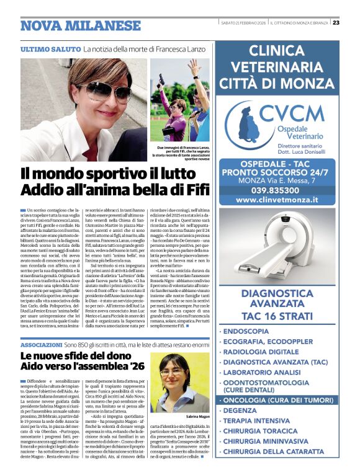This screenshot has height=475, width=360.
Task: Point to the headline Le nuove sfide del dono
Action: (74, 356)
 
